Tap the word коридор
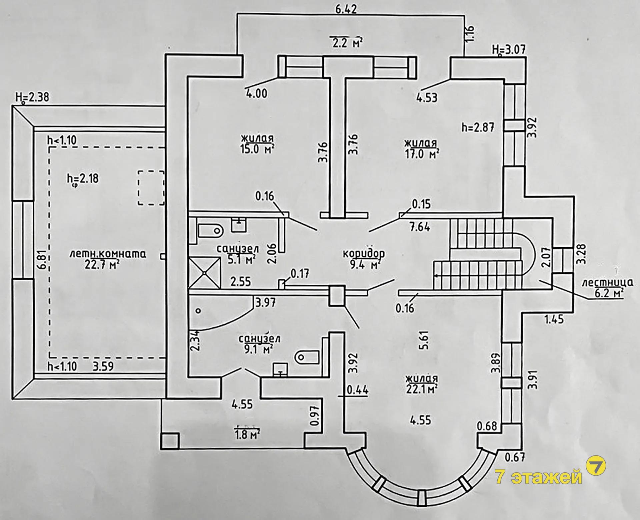click(364, 253)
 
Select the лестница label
click(607, 283)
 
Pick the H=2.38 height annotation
click(32, 97)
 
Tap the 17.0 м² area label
click(421, 154)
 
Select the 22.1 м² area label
click(421, 388)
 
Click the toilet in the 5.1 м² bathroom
click(210, 230)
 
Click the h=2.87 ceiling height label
click(477, 127)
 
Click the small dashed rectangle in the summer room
click(151, 188)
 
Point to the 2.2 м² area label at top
click(346, 42)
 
